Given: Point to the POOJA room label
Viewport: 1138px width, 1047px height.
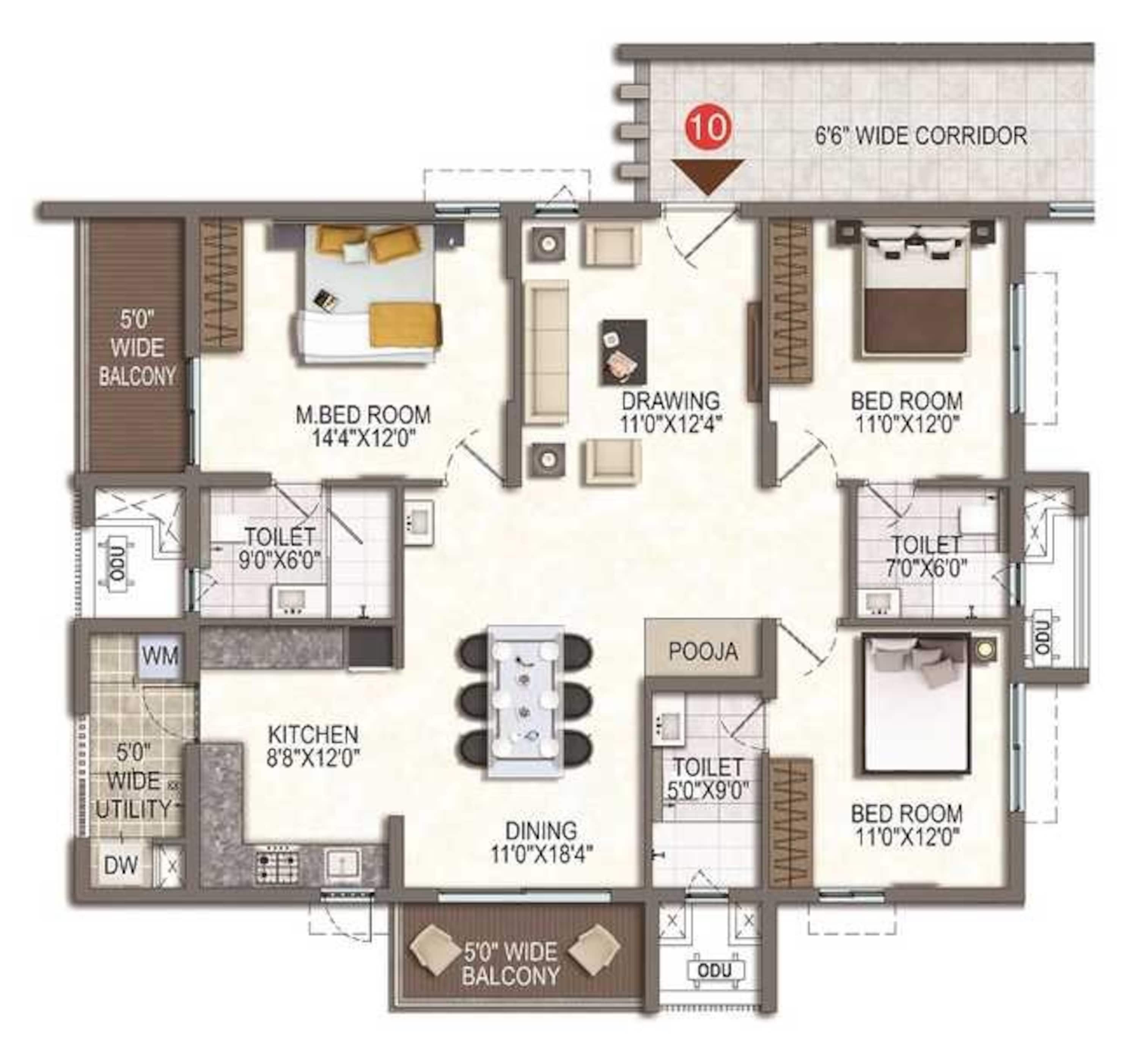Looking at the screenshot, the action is click(x=703, y=651).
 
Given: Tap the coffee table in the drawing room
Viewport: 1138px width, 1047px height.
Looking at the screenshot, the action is click(x=623, y=352).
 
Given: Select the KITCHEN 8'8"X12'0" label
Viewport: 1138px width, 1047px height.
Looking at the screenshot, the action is click(x=313, y=746).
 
